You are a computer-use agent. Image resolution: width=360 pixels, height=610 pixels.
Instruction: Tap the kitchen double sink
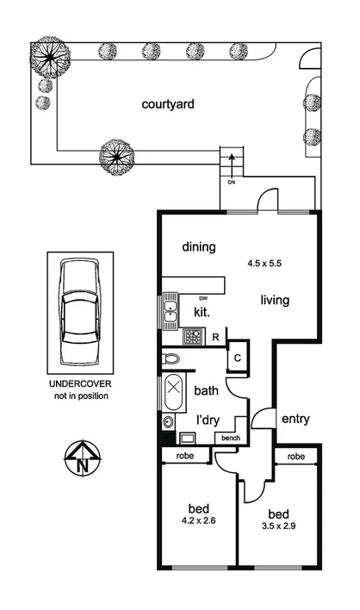coord(171,309)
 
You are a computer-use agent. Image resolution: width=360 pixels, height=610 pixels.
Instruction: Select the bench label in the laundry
coord(231,439)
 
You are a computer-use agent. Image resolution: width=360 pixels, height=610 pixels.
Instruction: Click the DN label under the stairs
coord(231,183)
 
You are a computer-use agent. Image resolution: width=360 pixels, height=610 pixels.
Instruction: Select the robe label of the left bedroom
coord(184,455)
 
